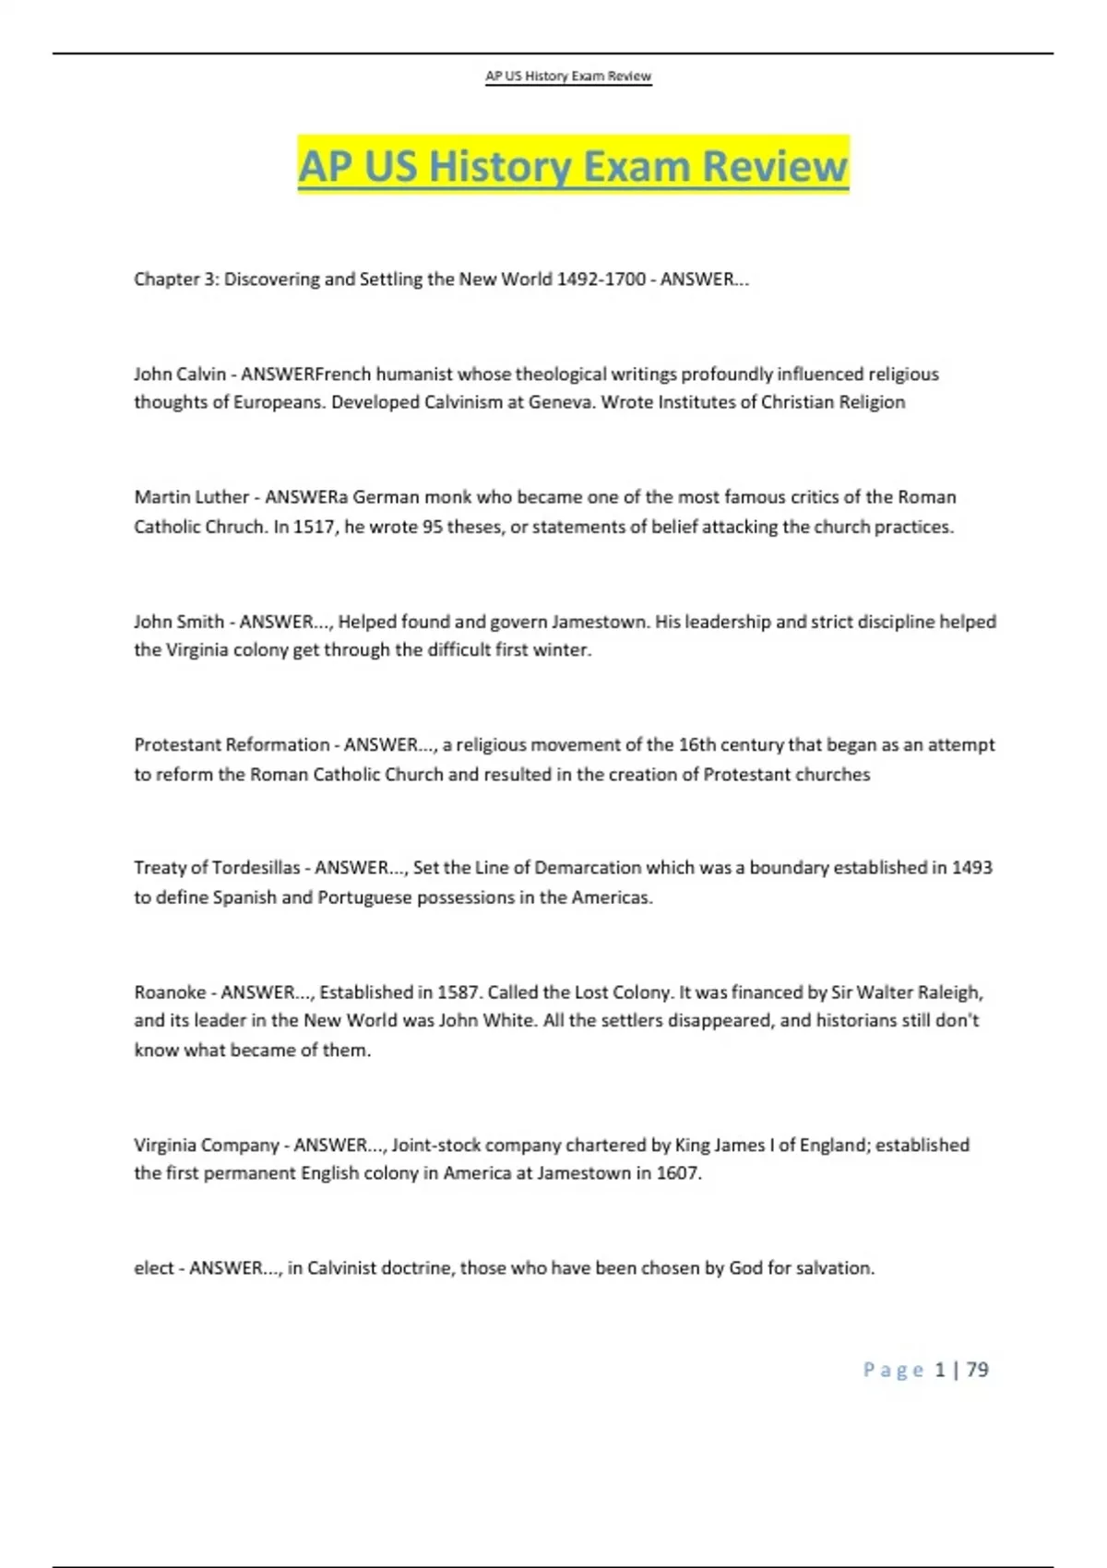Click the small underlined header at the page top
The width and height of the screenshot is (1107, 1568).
click(x=568, y=76)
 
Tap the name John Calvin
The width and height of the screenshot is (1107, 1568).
click(x=180, y=374)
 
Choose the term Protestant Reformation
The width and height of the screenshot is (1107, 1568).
click(x=232, y=744)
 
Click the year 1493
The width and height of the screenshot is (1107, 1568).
click(x=971, y=867)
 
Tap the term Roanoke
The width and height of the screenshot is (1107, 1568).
click(x=170, y=992)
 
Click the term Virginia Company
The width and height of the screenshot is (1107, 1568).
click(x=207, y=1145)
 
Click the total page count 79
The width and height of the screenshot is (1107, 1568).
click(x=977, y=1370)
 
